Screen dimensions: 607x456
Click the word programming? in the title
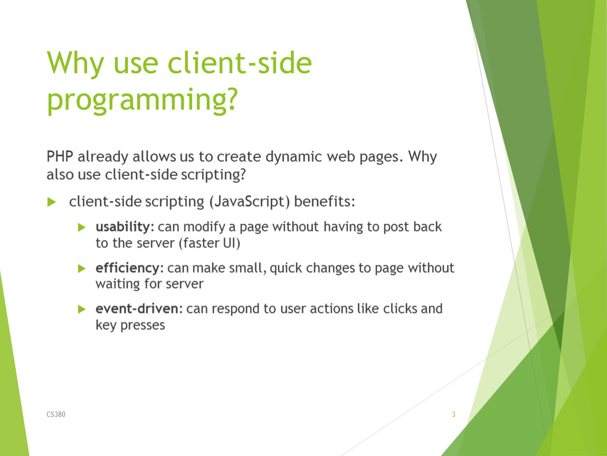(142, 100)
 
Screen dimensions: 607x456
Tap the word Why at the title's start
(75, 63)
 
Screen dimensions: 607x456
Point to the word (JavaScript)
(250, 202)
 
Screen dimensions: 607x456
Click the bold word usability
(122, 227)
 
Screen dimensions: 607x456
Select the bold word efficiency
(127, 268)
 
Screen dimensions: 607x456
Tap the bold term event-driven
(137, 309)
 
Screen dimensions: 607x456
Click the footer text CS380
(56, 414)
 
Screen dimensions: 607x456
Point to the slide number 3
(453, 414)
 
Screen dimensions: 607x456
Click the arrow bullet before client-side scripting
(52, 202)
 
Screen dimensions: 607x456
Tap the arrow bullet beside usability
(82, 227)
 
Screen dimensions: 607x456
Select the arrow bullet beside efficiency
(82, 268)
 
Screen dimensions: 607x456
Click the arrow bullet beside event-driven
(82, 309)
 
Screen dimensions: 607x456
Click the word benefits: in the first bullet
(325, 201)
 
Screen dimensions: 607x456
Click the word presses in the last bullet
(143, 326)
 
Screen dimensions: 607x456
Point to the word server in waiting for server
(184, 284)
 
